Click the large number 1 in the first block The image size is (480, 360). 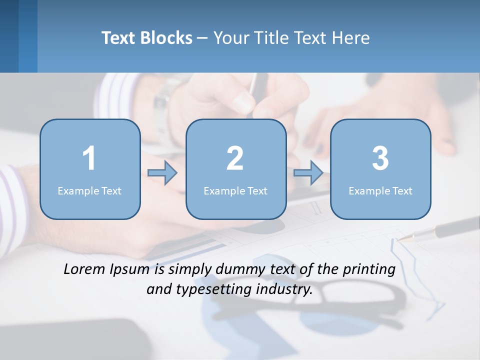tap(89, 158)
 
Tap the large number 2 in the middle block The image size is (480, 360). tap(235, 158)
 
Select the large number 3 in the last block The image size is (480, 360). tap(380, 158)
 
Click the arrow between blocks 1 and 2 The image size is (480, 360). tap(163, 173)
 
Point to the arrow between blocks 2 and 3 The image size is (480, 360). tap(308, 173)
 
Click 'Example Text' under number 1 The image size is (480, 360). tap(89, 191)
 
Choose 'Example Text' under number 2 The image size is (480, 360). tap(235, 191)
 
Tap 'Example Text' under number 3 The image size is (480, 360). tap(380, 191)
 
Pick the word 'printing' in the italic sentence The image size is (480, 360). tap(369, 269)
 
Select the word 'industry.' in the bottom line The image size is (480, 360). tap(284, 289)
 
